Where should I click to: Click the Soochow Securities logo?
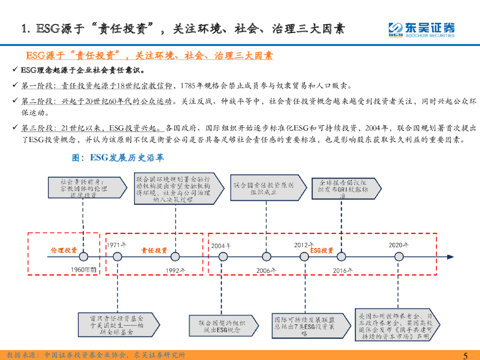[421, 30]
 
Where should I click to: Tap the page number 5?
[465, 355]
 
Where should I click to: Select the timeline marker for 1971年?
[118, 256]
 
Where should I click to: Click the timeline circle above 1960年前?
[83, 256]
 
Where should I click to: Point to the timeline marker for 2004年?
[220, 256]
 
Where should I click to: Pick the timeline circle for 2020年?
[399, 256]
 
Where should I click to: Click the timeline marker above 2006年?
[266, 256]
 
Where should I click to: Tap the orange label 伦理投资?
[64, 251]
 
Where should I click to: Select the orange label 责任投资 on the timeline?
[154, 251]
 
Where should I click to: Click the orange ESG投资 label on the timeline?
[322, 251]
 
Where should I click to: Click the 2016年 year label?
[342, 270]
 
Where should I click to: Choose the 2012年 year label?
[304, 245]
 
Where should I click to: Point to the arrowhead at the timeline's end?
[451, 256]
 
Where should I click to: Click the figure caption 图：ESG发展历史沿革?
[118, 158]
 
